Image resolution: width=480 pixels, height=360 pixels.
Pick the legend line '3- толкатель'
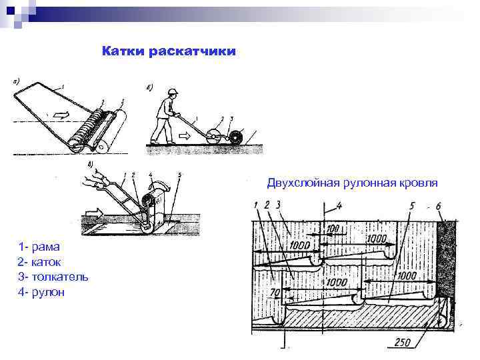tap(53, 277)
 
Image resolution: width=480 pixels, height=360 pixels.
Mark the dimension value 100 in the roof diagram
tap(332, 229)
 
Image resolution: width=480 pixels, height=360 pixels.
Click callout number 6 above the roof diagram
tap(438, 205)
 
